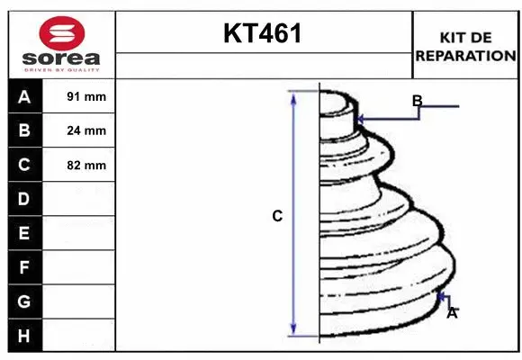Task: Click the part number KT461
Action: pos(263,34)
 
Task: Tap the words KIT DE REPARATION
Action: pos(465,46)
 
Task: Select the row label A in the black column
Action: pos(24,96)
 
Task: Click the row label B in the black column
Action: pos(24,130)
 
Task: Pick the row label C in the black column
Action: pos(24,165)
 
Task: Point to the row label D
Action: pos(24,199)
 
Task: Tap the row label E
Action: pos(24,233)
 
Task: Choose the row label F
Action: pos(24,267)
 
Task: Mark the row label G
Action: pos(24,301)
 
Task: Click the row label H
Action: pos(24,336)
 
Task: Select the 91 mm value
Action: pos(86,96)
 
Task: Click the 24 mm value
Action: pos(86,130)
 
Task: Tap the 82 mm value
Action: pos(86,165)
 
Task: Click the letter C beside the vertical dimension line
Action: pos(277,216)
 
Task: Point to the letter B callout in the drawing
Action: pos(417,100)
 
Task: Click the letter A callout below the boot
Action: pos(452,312)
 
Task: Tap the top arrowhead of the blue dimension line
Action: pos(293,96)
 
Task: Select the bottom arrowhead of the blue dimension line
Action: pos(293,329)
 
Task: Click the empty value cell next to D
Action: pos(80,199)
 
